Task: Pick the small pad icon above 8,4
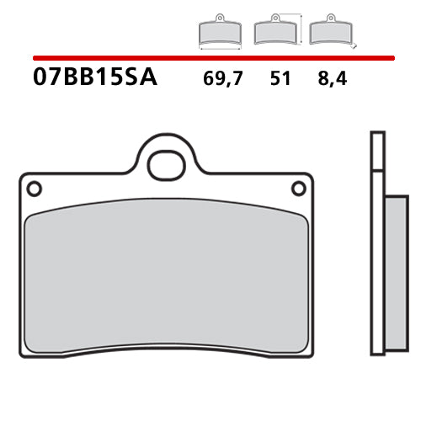(328, 31)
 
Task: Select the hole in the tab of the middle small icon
(273, 19)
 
